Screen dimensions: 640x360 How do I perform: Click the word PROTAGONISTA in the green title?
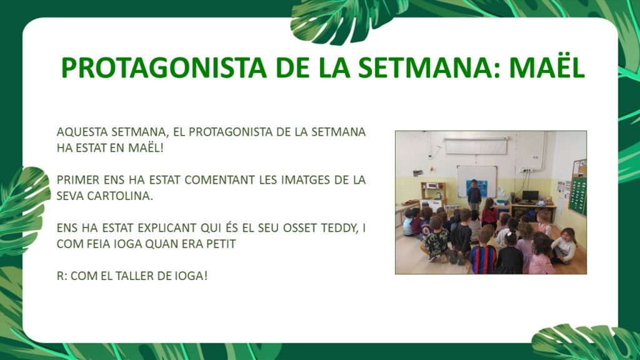[164, 67]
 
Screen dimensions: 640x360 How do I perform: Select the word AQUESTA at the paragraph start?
[82, 132]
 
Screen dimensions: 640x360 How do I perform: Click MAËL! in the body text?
[146, 147]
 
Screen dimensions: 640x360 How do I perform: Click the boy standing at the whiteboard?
[474, 195]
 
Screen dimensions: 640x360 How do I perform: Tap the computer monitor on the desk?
[530, 196]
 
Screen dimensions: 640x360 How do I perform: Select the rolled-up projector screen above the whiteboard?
[476, 146]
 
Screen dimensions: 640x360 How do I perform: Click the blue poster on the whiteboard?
[478, 187]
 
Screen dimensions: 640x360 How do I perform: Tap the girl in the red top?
[489, 212]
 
